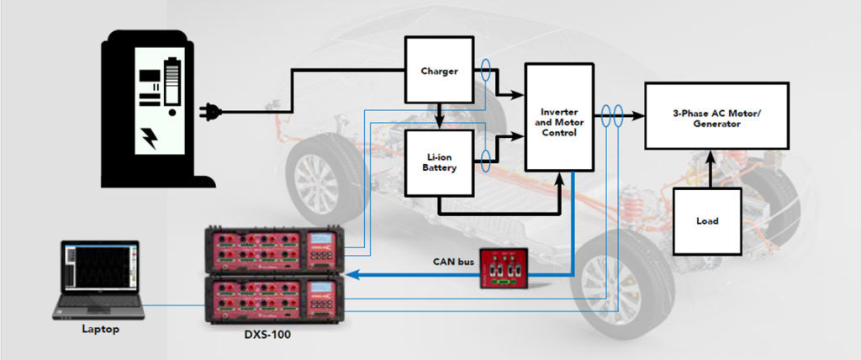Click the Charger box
pyautogui.click(x=439, y=71)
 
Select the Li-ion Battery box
pyautogui.click(x=439, y=162)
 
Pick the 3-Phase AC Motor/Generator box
pyautogui.click(x=716, y=117)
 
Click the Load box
pyautogui.click(x=707, y=221)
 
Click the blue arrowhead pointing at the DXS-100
pyautogui.click(x=352, y=274)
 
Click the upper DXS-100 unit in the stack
pyautogui.click(x=274, y=250)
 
